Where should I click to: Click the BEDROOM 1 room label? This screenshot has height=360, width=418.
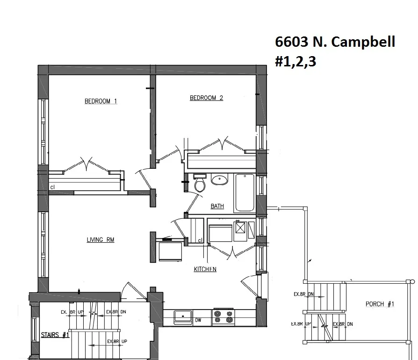[101, 101]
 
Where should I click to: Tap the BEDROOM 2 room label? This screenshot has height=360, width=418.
[206, 98]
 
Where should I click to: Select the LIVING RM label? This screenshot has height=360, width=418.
[101, 240]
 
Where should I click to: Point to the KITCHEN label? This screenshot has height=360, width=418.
[205, 269]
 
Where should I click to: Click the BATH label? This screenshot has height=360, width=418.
[217, 206]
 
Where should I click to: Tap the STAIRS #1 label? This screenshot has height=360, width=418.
[55, 335]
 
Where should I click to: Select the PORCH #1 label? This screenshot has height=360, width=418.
[380, 304]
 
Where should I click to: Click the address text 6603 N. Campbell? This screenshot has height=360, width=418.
[335, 42]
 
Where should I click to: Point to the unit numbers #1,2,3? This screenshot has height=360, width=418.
[295, 62]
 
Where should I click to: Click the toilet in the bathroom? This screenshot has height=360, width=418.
[200, 183]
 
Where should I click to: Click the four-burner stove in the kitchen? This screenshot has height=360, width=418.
[223, 317]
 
